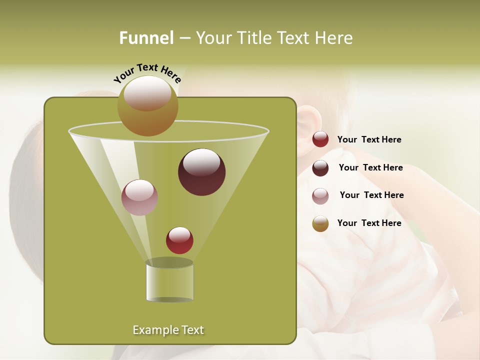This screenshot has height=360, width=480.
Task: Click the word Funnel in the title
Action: [146, 38]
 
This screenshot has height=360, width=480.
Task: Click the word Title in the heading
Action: [254, 38]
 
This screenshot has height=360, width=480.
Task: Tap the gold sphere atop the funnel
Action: [147, 105]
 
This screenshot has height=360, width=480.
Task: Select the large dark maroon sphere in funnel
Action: [201, 171]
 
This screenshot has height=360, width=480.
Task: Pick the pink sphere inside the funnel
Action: [139, 197]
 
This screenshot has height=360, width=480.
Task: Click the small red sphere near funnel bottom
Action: [179, 240]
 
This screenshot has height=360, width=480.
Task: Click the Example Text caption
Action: [168, 330]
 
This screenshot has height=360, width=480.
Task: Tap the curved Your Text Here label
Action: [147, 73]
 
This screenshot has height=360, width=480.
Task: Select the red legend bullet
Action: [320, 139]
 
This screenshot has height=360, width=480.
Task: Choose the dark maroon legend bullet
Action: [320, 168]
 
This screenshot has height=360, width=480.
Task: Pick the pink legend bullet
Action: [320, 195]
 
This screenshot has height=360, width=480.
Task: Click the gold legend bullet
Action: [320, 223]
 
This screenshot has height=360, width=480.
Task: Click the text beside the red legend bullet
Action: [369, 140]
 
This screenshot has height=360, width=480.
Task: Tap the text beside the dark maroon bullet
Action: [370, 168]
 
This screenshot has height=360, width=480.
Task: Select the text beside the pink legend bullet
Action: [371, 195]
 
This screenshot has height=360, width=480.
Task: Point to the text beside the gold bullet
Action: [369, 223]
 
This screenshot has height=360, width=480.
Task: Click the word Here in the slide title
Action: [334, 38]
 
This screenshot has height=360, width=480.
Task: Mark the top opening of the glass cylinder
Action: [169, 262]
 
